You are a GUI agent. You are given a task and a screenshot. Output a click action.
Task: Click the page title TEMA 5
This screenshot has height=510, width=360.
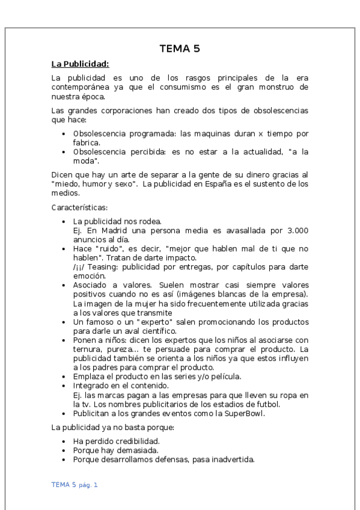(180, 49)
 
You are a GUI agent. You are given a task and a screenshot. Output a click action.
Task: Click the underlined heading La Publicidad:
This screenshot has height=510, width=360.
(80, 63)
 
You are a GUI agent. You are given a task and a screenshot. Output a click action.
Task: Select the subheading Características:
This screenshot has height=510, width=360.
(79, 207)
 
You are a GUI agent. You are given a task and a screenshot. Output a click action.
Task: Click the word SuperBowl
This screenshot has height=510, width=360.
(232, 414)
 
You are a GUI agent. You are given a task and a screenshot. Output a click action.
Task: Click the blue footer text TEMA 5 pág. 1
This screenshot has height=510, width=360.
(75, 484)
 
